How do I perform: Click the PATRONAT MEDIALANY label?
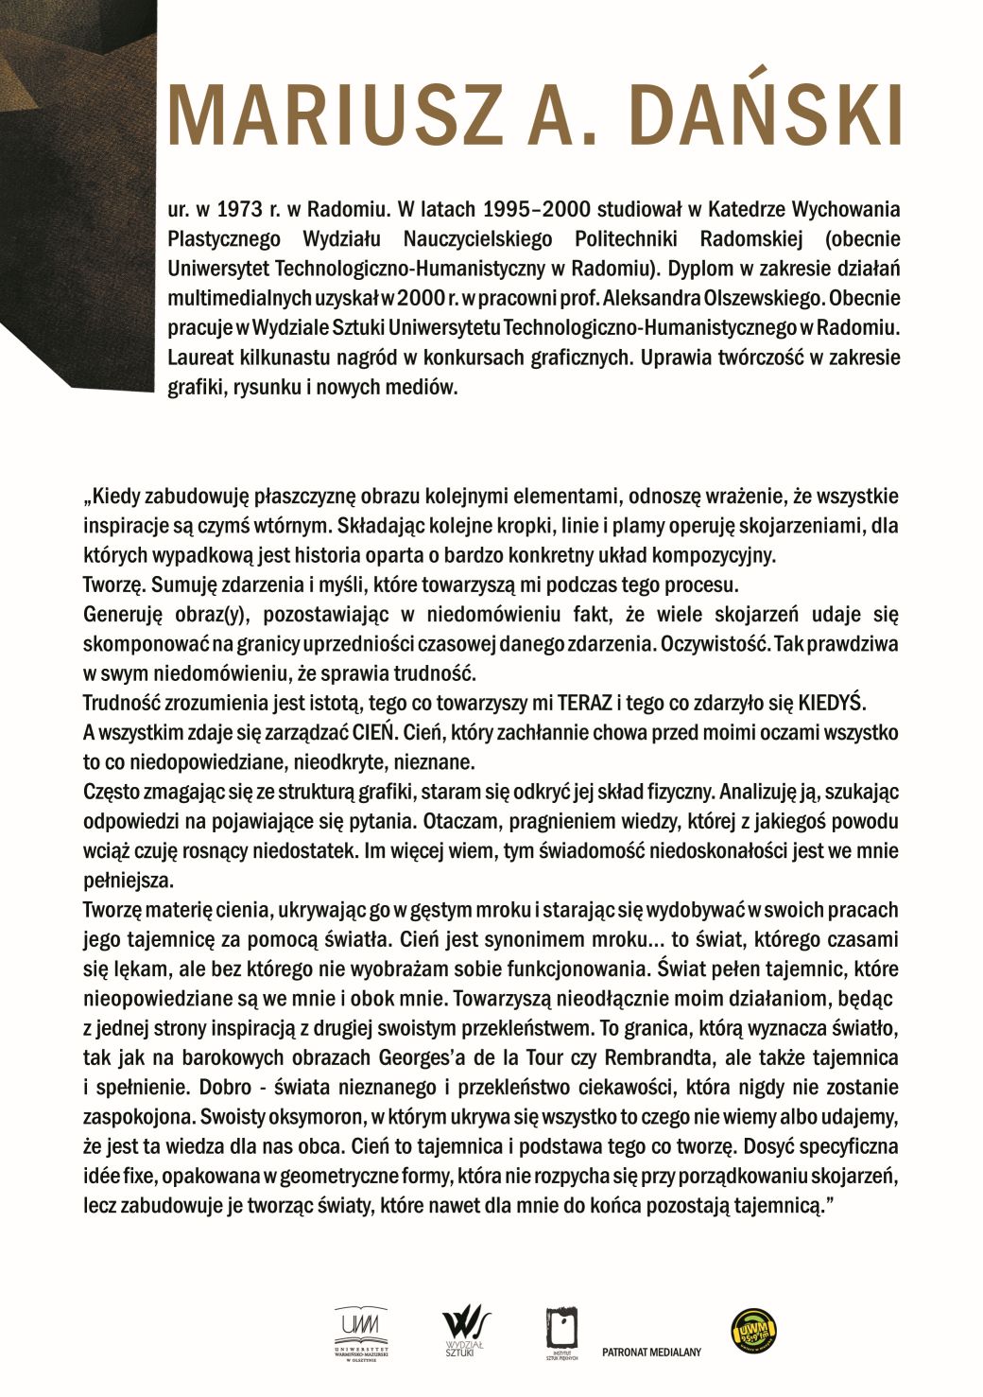point(651,1352)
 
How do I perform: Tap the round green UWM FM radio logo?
point(754,1332)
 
